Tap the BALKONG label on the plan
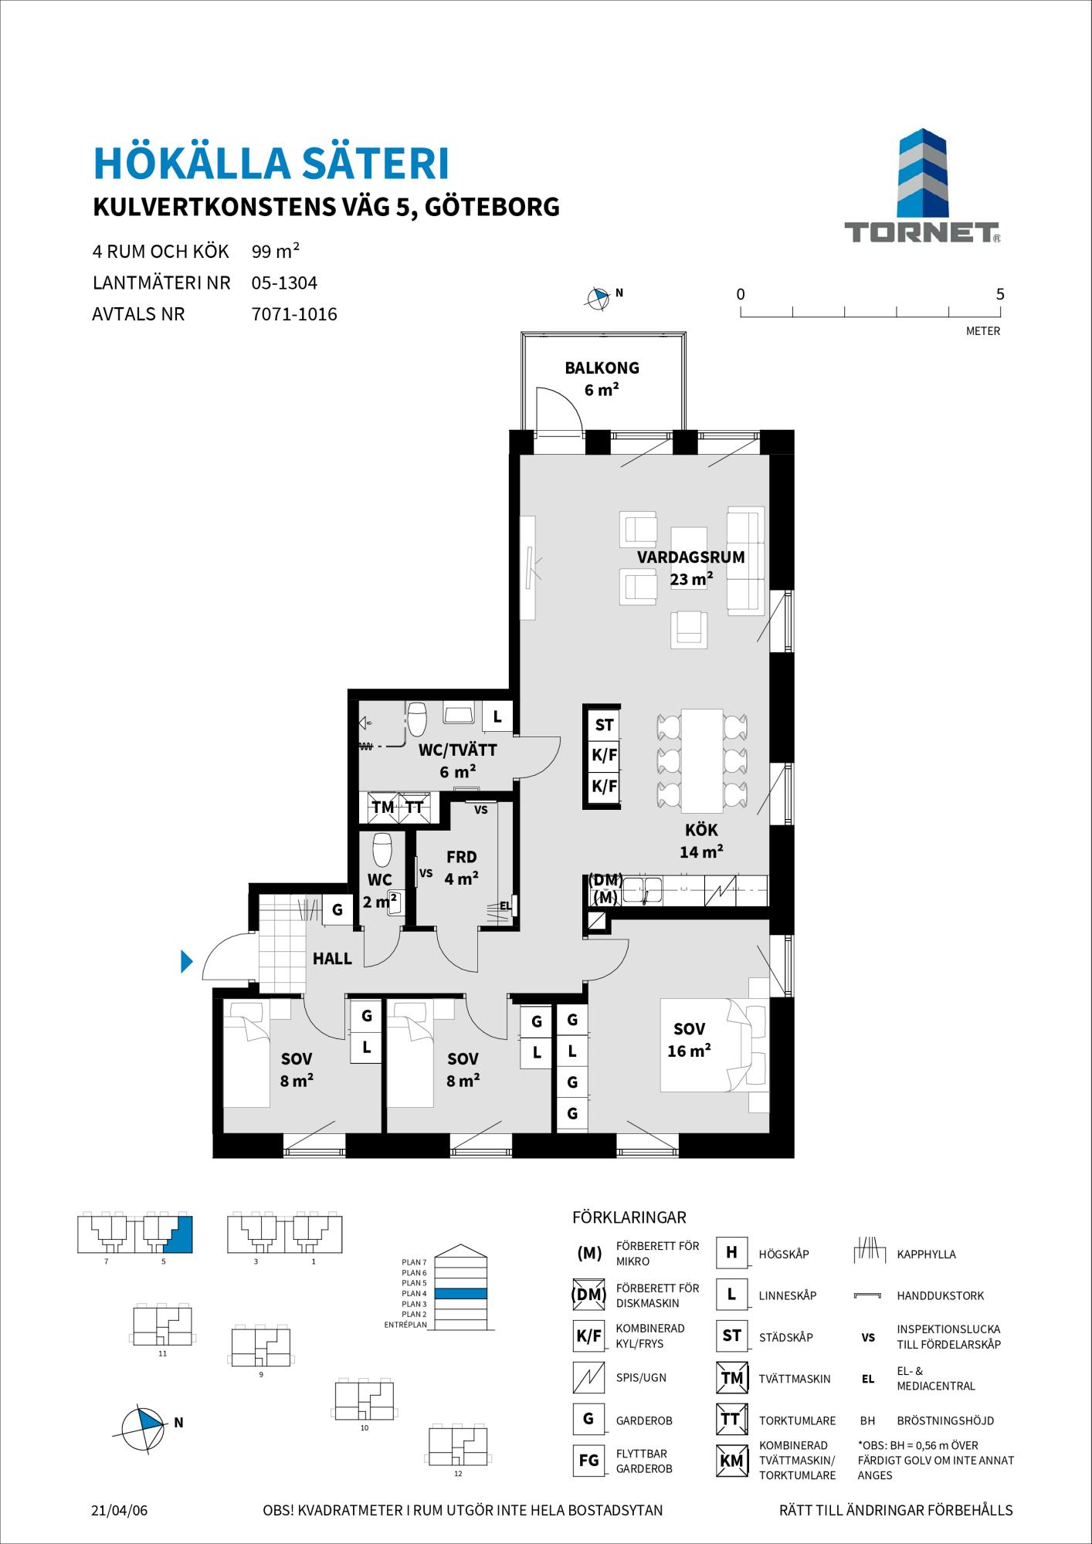click(x=602, y=368)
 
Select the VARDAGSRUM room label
click(x=690, y=557)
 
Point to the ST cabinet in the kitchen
click(x=604, y=725)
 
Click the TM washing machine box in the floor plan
click(x=383, y=808)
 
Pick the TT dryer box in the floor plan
click(x=415, y=808)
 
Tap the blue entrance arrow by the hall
click(x=186, y=961)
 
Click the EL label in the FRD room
click(x=505, y=906)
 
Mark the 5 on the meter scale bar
click(x=1000, y=294)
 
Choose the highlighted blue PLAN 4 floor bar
click(x=460, y=1293)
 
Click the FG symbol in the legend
click(x=588, y=1461)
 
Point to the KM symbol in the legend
click(x=731, y=1461)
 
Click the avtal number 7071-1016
click(x=294, y=315)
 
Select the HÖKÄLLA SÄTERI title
click(x=271, y=164)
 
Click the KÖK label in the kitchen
click(x=701, y=830)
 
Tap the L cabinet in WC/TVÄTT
click(x=497, y=717)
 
